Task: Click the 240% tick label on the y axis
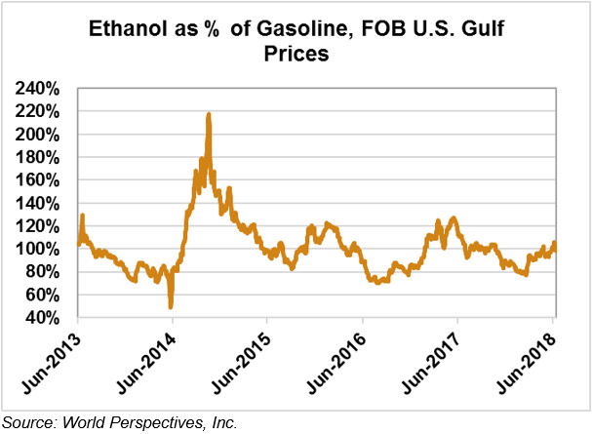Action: (38, 89)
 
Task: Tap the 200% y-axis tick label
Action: (38, 135)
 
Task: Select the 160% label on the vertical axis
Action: (38, 180)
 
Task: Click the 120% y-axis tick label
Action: (38, 226)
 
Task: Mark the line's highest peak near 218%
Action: (209, 114)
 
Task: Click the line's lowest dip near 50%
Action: (172, 306)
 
